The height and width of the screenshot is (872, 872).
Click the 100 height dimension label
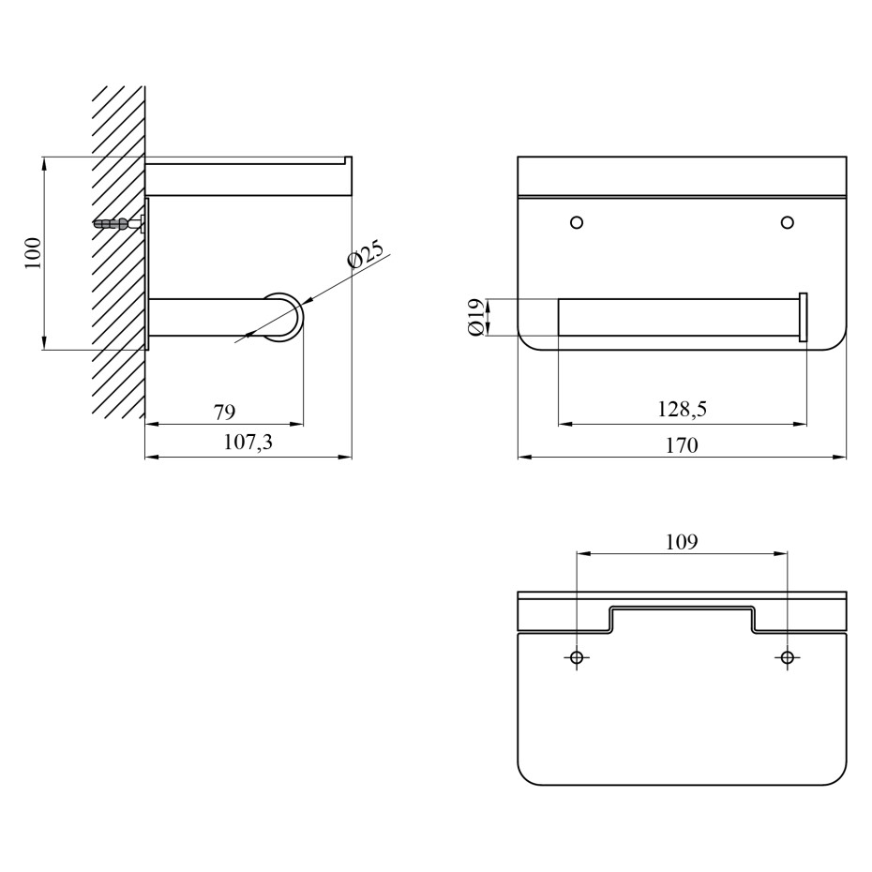(34, 253)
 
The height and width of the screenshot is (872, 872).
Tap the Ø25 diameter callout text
(366, 254)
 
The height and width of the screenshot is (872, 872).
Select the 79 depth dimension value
(225, 412)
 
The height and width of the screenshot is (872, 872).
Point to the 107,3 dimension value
(248, 443)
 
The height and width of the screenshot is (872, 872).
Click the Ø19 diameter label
(476, 317)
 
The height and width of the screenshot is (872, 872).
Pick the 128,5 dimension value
(682, 410)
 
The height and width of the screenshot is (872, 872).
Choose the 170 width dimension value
(682, 445)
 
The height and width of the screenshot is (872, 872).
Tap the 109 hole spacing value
(682, 542)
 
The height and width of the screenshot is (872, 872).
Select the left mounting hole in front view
(577, 222)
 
